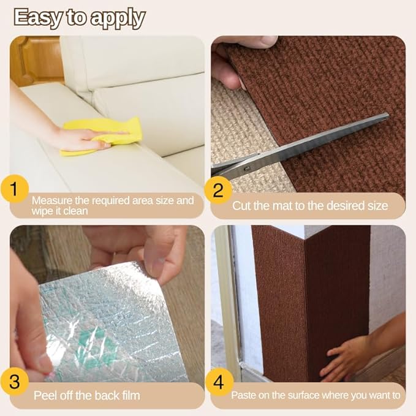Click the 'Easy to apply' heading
point(80,18)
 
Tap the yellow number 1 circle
point(14,189)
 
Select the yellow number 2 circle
point(218,190)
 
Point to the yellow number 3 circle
point(14,381)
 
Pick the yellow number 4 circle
point(219,382)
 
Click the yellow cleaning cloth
point(102,135)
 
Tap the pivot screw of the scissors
point(247,168)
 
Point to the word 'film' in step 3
point(130,396)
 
